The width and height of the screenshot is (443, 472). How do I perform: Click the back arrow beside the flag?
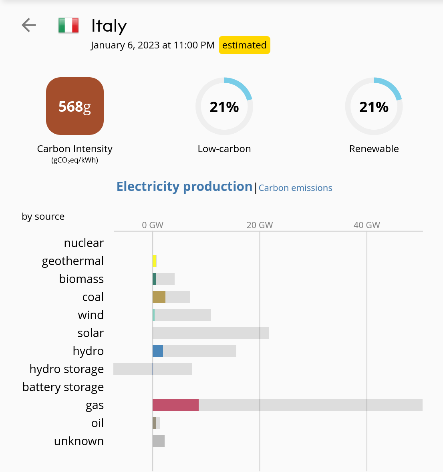coord(29,25)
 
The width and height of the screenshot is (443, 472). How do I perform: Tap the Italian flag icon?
coord(68,26)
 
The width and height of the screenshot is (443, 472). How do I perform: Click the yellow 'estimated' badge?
coord(244,45)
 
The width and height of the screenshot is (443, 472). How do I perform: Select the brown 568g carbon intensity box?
coord(75,106)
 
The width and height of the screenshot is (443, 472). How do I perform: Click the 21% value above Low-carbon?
coord(224,107)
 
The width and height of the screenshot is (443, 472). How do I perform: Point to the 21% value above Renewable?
coord(374,107)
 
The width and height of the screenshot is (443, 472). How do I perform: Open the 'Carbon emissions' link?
coord(295,188)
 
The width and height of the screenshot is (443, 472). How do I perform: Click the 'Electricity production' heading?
coord(184,187)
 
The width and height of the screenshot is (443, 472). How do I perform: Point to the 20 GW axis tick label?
coord(260,225)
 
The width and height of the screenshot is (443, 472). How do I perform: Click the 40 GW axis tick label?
coord(366,225)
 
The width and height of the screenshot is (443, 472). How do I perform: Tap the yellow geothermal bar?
coord(155,261)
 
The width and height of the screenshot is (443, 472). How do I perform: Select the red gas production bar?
coord(175,405)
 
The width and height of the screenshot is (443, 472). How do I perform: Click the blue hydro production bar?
coord(158,351)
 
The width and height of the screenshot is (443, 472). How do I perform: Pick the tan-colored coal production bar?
coord(159,297)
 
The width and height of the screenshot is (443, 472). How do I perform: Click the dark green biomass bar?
coord(155,279)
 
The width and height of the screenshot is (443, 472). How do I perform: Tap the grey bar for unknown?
coord(159,441)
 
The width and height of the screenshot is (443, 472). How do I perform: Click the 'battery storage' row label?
coord(63,387)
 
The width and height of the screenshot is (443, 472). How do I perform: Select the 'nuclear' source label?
coord(84,243)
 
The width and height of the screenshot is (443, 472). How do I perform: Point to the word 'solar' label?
coord(91,333)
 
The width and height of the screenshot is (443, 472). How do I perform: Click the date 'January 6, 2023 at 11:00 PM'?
coord(153,45)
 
